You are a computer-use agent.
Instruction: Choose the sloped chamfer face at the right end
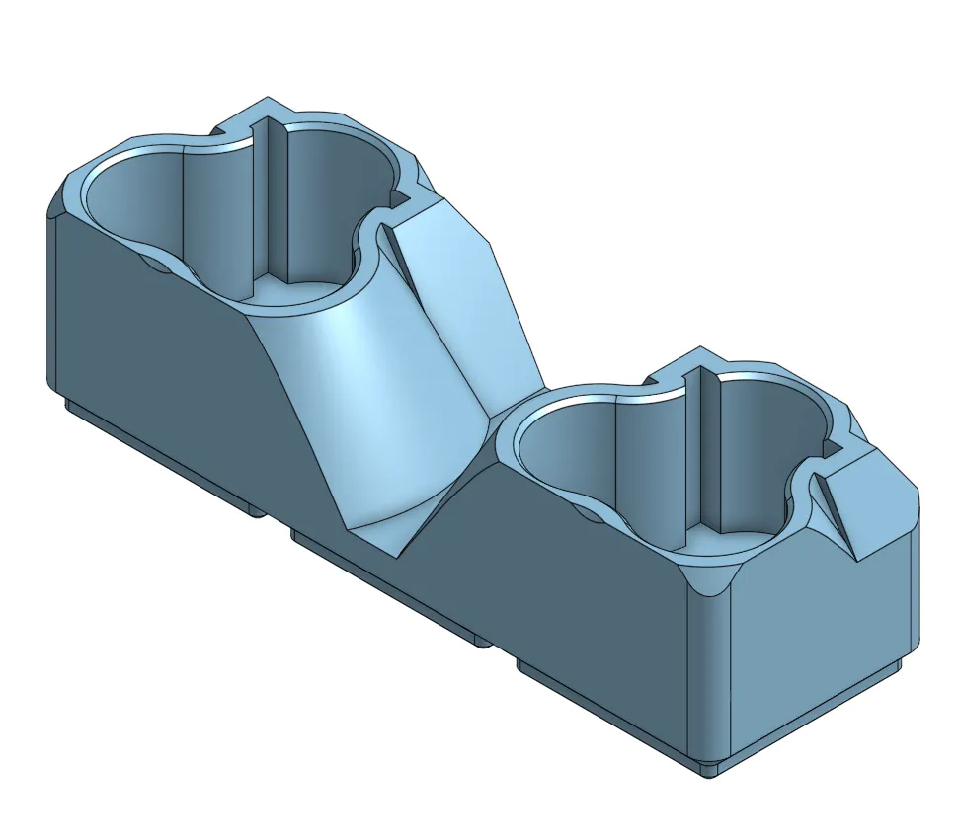(869, 503)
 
